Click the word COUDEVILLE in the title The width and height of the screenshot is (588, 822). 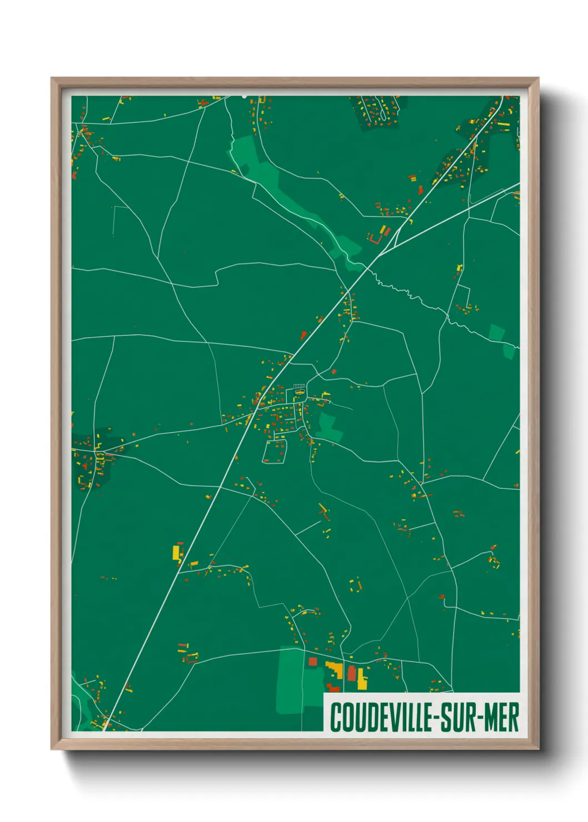[381, 717]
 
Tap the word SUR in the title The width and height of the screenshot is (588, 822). [459, 717]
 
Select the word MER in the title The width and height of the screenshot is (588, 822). [502, 717]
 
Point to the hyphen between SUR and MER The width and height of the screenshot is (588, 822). [479, 718]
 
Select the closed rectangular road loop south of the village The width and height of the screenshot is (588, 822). [274, 452]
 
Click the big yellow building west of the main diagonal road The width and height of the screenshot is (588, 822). [177, 553]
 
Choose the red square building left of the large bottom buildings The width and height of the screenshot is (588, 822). [312, 661]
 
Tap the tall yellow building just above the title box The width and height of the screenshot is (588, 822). [362, 679]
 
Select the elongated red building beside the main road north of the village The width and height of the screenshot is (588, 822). [303, 335]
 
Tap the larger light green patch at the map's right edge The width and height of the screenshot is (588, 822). [496, 333]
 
